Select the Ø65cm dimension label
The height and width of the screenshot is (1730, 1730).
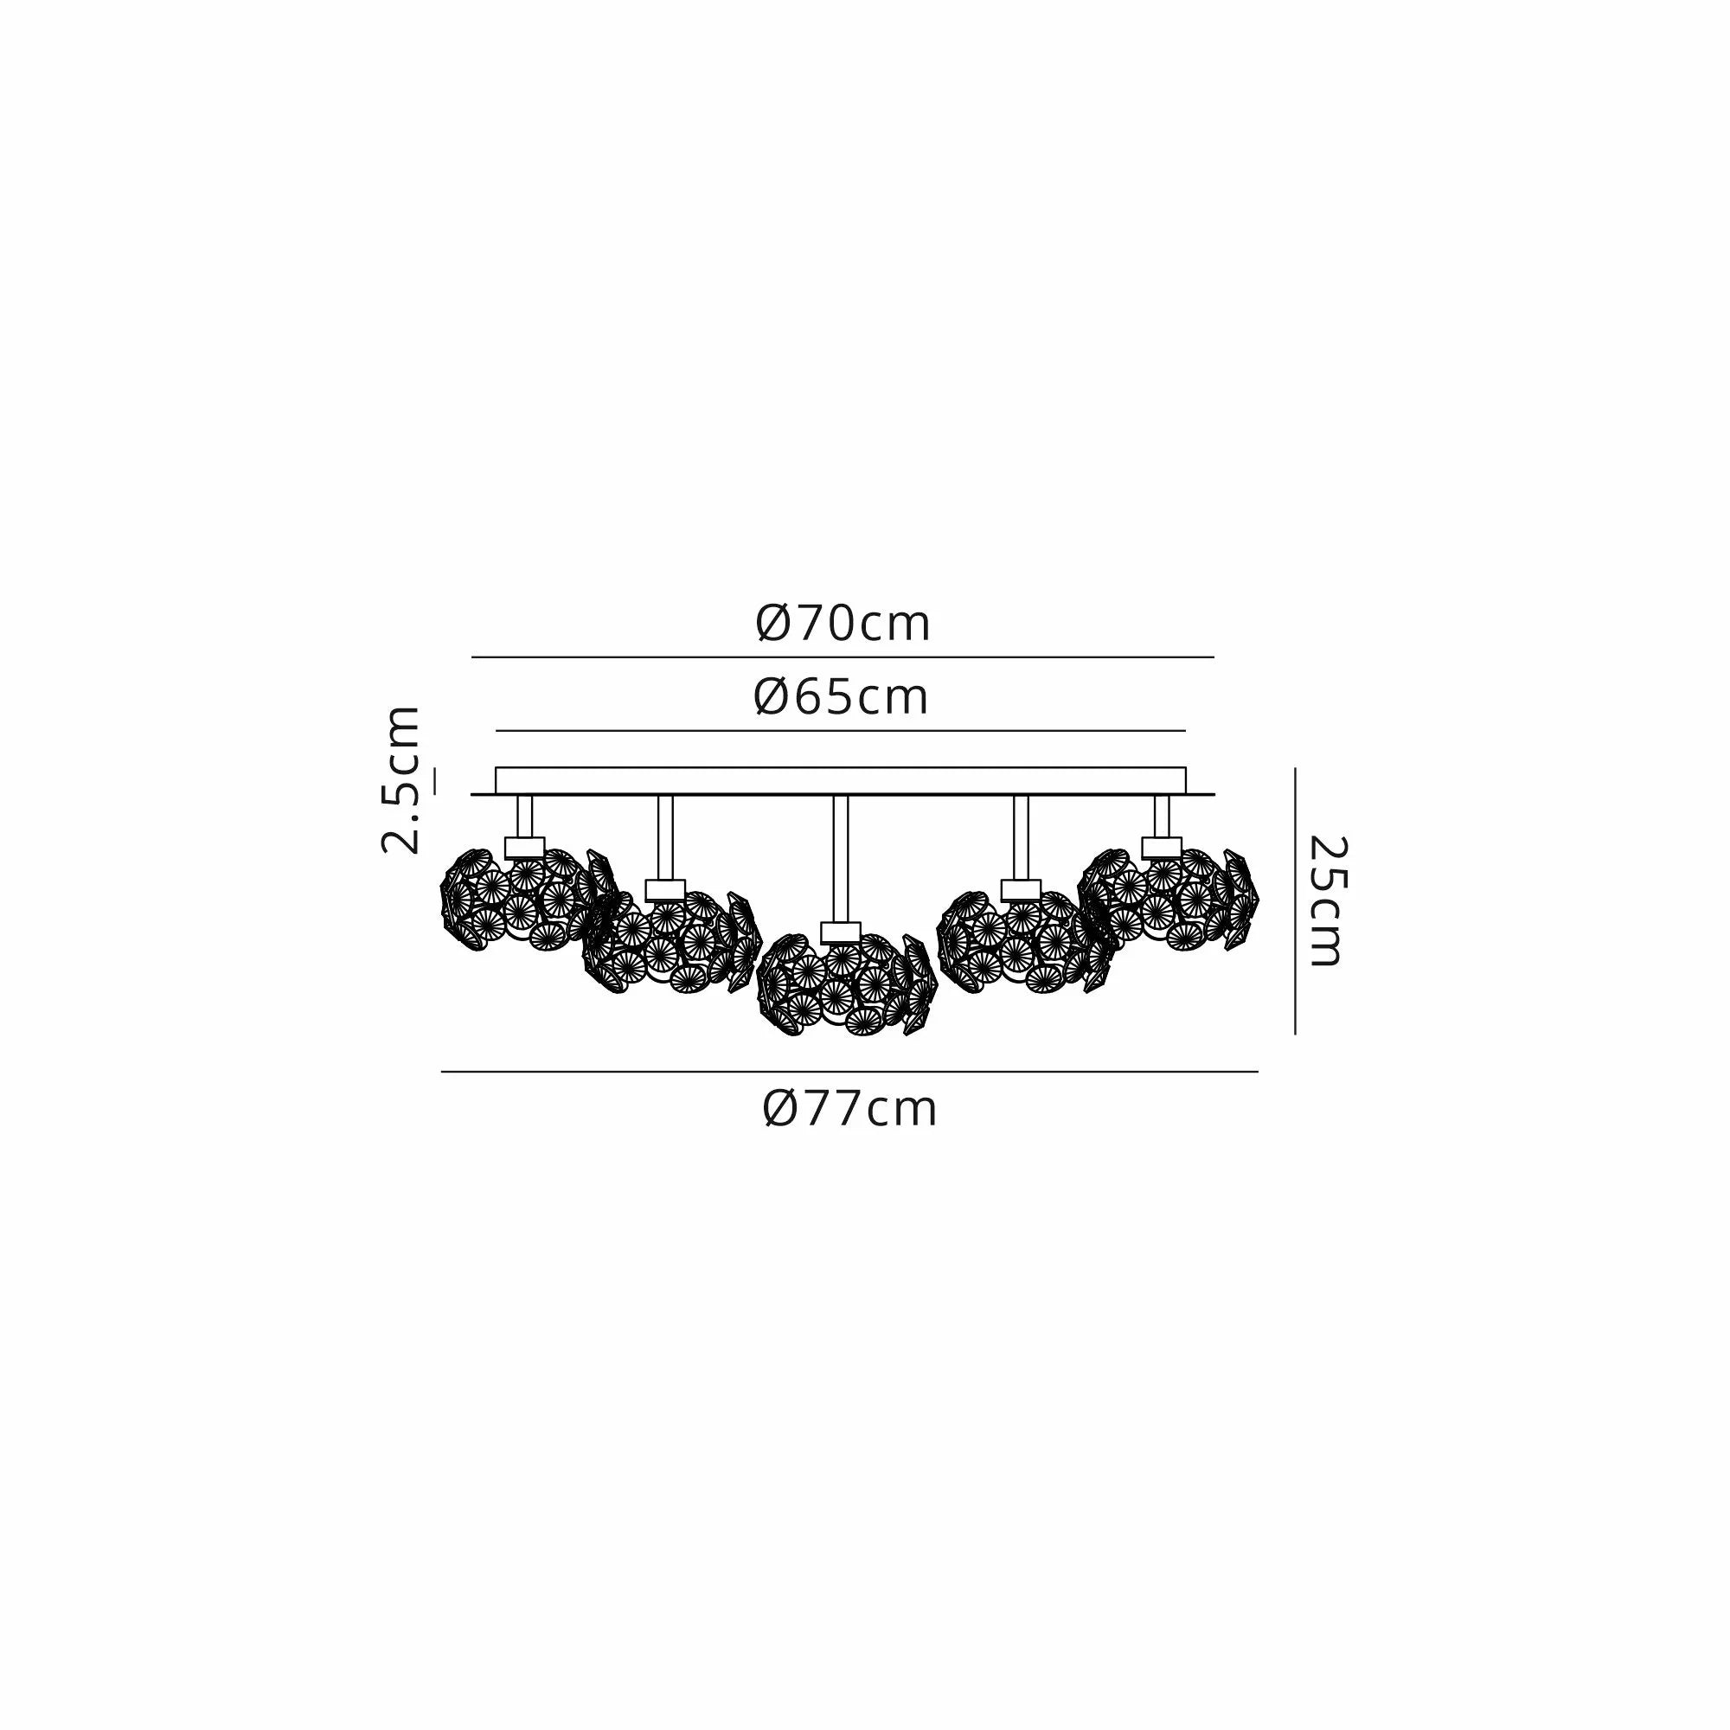841,697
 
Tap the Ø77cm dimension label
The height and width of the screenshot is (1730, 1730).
849,1110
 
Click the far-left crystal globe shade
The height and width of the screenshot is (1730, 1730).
529,899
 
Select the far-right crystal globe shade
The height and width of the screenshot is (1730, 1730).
1169,899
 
